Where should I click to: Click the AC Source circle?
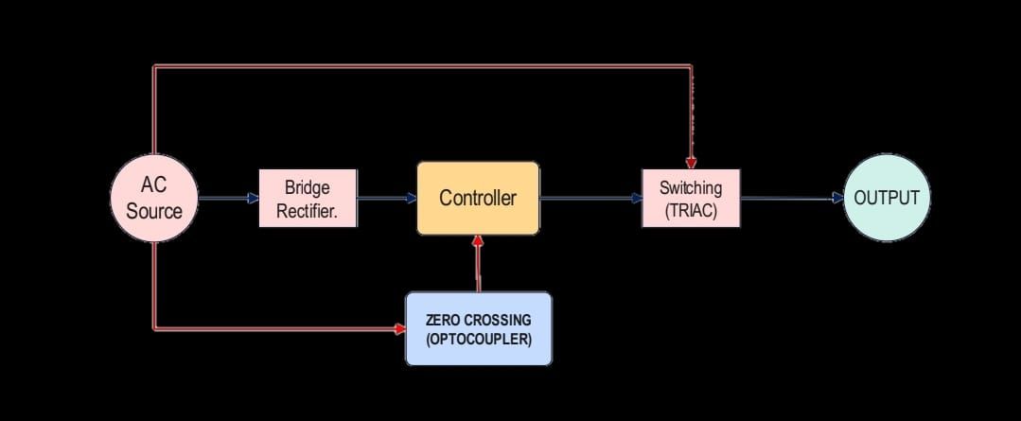click(154, 198)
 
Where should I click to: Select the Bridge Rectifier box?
click(308, 199)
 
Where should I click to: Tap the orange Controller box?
click(478, 199)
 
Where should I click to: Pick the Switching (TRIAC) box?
click(691, 199)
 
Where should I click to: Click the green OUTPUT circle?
click(887, 198)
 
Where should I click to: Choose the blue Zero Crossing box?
click(478, 328)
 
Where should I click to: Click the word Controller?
click(478, 199)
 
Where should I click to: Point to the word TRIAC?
click(691, 210)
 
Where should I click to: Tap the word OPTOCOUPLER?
click(478, 338)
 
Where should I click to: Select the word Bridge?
click(308, 187)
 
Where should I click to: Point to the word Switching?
click(691, 187)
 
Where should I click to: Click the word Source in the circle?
click(154, 210)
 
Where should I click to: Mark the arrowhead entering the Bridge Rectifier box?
click(254, 199)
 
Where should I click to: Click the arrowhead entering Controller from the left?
click(412, 199)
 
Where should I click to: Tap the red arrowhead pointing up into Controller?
click(478, 241)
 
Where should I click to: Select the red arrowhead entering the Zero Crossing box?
click(399, 329)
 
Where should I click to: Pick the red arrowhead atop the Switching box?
click(692, 164)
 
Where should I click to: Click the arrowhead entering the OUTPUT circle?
click(837, 199)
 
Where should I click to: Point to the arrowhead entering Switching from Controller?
click(637, 199)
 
